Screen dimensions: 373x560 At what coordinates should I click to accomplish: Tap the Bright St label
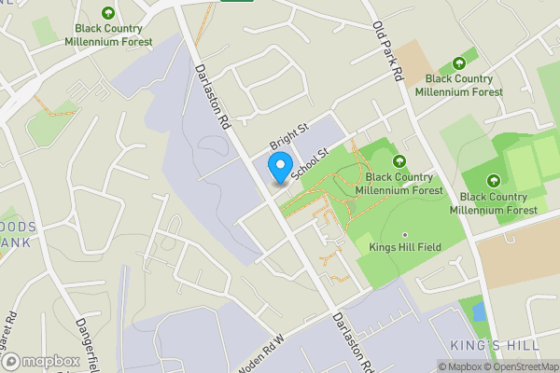coord(288,137)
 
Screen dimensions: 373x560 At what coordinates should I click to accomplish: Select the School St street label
coord(311,162)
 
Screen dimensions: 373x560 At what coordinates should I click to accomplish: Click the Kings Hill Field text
coord(404,249)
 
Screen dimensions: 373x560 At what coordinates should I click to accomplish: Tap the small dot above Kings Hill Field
coord(404,235)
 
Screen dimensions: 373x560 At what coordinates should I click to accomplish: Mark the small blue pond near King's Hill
coord(478,311)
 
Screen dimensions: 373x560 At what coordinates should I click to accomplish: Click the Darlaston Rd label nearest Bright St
coord(212,96)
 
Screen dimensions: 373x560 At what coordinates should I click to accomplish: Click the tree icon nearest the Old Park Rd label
coord(458,63)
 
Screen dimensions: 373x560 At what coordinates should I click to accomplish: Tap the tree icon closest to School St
coord(399,160)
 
